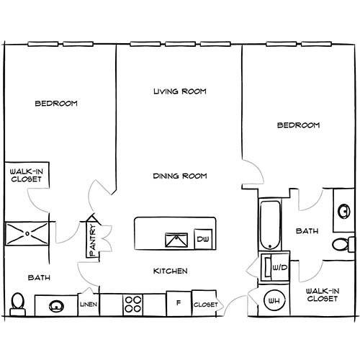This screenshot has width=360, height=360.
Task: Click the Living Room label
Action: point(180,91)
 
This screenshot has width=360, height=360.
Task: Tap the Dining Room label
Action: point(180,175)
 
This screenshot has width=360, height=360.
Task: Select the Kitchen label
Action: point(171,271)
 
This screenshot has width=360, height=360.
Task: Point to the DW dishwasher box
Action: point(204,239)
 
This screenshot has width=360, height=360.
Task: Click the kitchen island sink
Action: point(174,239)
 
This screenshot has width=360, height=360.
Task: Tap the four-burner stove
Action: point(132,305)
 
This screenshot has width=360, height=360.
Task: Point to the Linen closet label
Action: point(88,305)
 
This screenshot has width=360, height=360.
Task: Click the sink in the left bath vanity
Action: point(56,305)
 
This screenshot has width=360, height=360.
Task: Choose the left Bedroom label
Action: point(55,103)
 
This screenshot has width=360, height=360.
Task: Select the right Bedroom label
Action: point(298,125)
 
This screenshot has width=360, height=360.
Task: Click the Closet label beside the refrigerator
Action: point(205,305)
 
